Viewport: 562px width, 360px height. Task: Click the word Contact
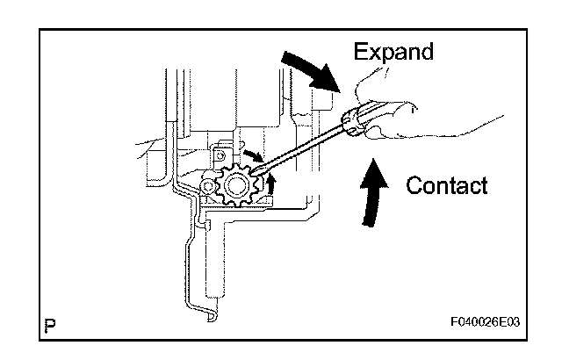tap(448, 185)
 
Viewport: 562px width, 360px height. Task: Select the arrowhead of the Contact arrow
tap(374, 167)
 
